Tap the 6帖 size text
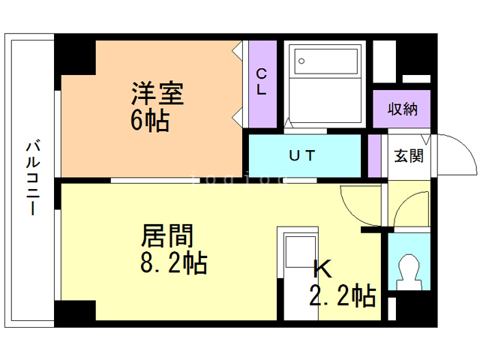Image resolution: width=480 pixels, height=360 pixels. coord(150,121)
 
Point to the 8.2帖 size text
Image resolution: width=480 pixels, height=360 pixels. coord(173,263)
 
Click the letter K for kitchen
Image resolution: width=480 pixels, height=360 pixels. coord(322,268)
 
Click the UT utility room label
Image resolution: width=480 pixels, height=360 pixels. coord(303,155)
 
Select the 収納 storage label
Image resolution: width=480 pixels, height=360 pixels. coord(403,108)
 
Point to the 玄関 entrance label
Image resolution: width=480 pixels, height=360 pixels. coord(409,156)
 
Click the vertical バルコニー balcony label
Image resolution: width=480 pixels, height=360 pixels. coord(34,178)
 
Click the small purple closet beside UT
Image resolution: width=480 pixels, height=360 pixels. coord(373,155)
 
